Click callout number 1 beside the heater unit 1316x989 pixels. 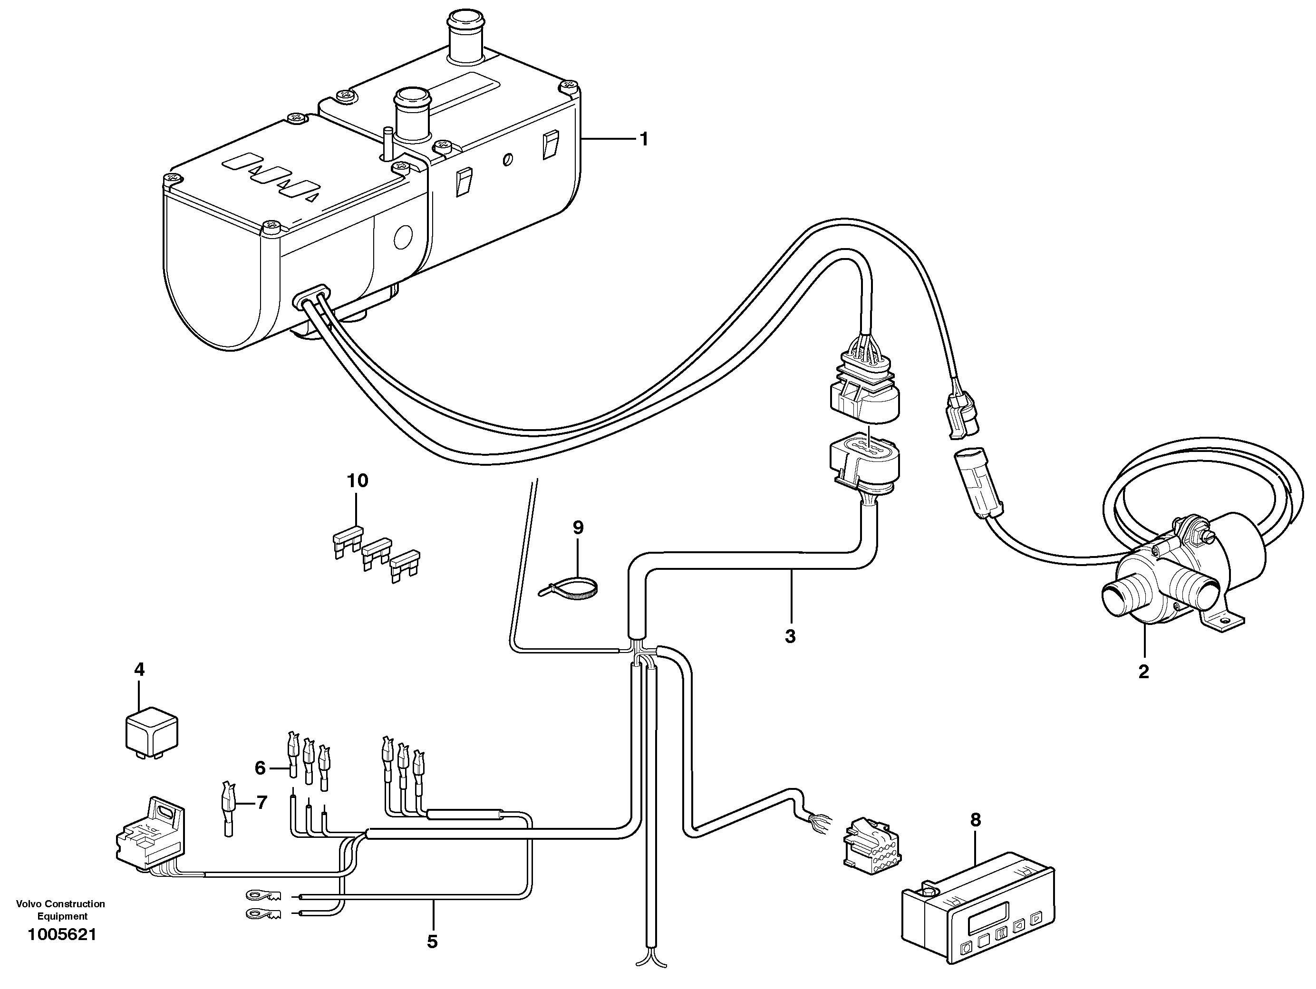(643, 140)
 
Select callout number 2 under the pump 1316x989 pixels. (1143, 672)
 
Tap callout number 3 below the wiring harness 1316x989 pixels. (790, 636)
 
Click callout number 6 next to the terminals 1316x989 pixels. (260, 768)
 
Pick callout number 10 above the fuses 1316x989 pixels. (358, 480)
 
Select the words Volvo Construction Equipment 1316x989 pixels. (61, 910)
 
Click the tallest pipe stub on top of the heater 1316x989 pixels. (466, 33)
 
